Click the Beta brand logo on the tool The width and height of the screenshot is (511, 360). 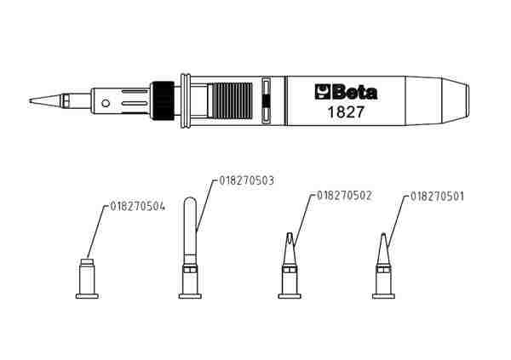[x=346, y=92]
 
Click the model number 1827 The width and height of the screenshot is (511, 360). [x=346, y=112]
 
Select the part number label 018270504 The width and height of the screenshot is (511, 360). [x=137, y=207]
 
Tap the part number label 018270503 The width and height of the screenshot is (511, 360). [x=247, y=180]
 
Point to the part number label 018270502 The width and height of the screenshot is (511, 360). [x=344, y=196]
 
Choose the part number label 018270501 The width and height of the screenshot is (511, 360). [x=437, y=197]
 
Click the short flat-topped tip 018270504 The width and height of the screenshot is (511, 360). [x=87, y=278]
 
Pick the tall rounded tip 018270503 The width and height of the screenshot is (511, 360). [x=190, y=248]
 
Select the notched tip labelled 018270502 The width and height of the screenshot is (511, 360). [x=290, y=266]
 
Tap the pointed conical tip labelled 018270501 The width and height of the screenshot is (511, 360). [x=383, y=266]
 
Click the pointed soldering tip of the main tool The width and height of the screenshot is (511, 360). [x=45, y=100]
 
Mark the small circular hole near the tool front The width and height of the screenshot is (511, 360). [x=106, y=104]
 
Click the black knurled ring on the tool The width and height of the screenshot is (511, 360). [x=163, y=100]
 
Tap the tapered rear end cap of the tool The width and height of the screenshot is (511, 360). [x=437, y=100]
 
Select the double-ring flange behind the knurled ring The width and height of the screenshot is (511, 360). [x=186, y=100]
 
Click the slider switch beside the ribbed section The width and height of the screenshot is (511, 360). [x=267, y=100]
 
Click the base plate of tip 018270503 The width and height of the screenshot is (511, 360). [x=190, y=296]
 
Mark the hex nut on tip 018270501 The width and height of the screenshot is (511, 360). [x=383, y=270]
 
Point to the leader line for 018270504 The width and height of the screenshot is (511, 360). [x=96, y=232]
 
